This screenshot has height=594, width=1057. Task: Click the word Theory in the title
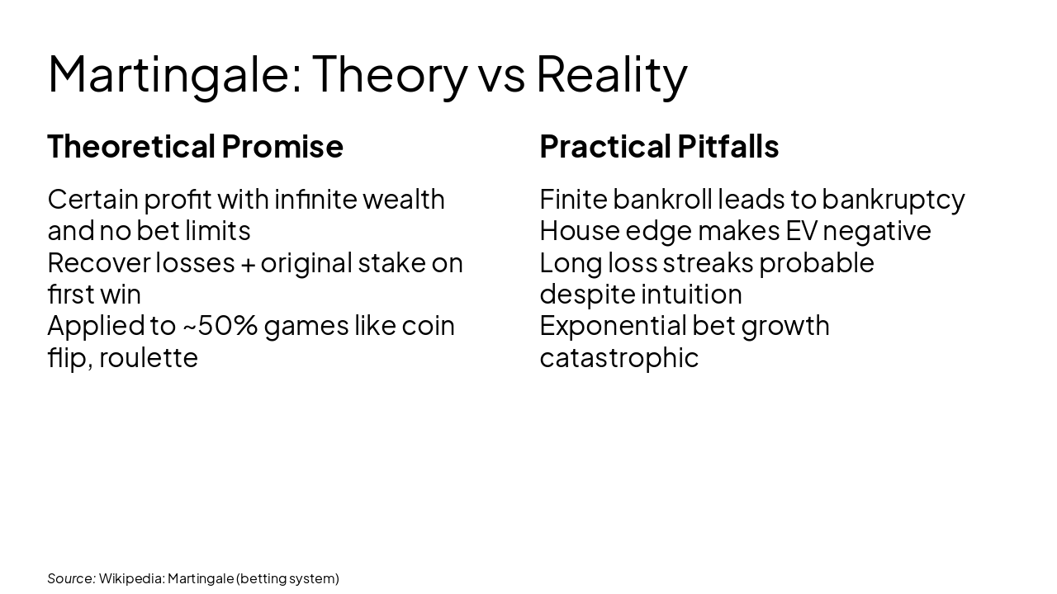[389, 74]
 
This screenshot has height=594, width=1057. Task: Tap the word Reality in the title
[611, 74]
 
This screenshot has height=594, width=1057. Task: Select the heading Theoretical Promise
[195, 147]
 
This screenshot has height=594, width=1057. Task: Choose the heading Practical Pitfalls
[659, 147]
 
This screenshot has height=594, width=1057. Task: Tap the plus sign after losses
[248, 263]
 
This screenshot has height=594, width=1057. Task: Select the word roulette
[149, 358]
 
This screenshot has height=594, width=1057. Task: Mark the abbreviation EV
[800, 231]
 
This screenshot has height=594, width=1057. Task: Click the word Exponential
[611, 326]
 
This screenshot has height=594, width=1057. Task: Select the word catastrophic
[619, 358]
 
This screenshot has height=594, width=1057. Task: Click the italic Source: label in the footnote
[71, 578]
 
